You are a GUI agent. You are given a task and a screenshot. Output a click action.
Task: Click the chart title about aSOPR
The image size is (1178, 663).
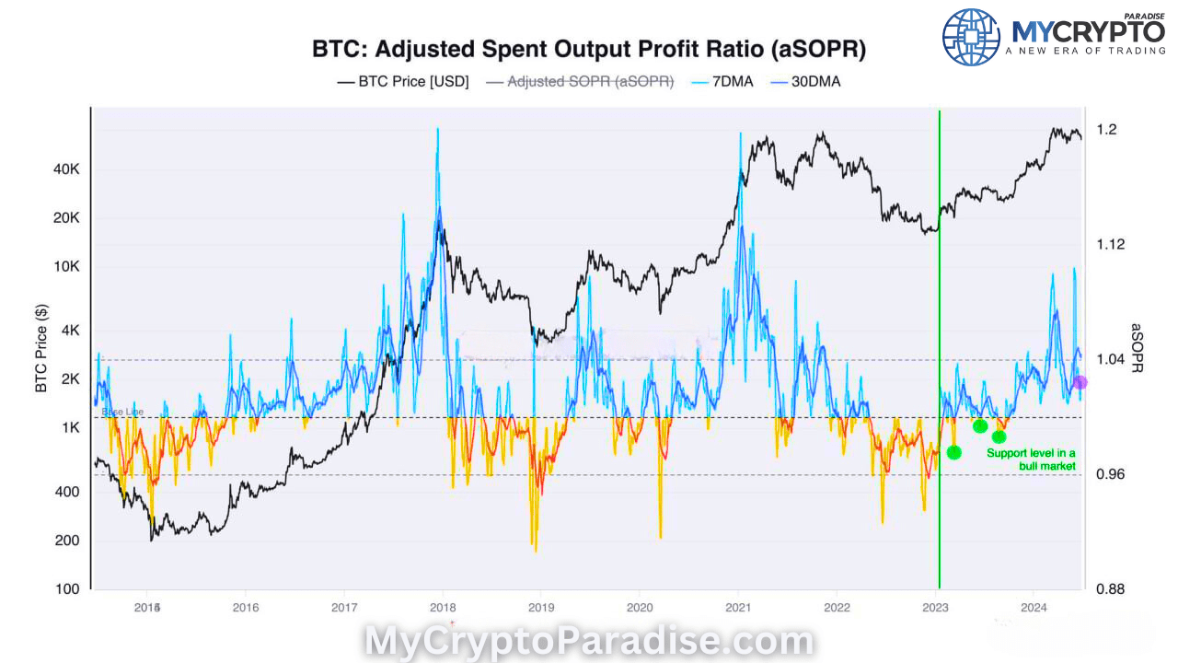tap(589, 49)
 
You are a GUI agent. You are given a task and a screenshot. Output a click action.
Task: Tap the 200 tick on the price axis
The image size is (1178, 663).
tap(68, 541)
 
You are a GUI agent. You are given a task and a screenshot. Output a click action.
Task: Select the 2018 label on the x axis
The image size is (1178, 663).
tap(443, 608)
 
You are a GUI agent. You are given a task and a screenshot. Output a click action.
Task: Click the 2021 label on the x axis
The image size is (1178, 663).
tap(738, 608)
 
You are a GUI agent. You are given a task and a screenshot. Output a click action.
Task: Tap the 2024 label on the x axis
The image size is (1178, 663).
tap(1034, 608)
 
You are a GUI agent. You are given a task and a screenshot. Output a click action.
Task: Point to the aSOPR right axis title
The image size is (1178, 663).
tap(1137, 348)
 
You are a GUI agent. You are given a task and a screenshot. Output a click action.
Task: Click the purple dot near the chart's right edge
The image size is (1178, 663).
tap(1080, 382)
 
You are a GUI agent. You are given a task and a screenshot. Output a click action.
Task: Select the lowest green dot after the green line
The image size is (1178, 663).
tap(954, 452)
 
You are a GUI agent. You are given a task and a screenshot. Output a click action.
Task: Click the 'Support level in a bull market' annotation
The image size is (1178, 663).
tap(1031, 459)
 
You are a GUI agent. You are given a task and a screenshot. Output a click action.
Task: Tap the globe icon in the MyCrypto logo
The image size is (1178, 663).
tap(971, 37)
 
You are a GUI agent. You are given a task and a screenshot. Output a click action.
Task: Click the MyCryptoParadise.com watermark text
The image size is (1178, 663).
tap(589, 641)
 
